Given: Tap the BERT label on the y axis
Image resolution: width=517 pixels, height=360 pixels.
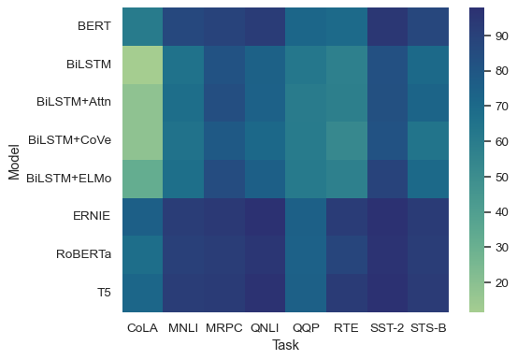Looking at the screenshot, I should (94, 27).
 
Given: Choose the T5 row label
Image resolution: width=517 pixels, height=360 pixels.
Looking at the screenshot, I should (103, 292).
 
